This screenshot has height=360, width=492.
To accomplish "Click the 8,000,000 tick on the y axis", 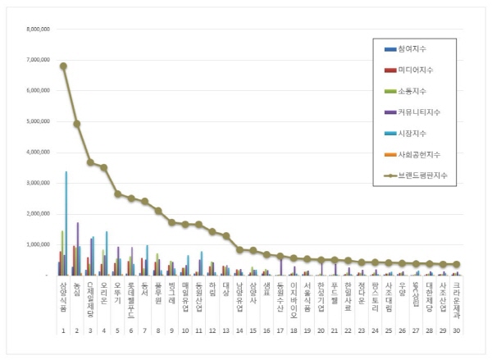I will [x=38, y=29].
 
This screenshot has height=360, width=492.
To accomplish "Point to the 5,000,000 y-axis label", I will [x=38, y=121].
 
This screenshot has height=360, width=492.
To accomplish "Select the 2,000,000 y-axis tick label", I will [x=38, y=213].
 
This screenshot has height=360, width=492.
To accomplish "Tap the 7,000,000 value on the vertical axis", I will [x=38, y=60].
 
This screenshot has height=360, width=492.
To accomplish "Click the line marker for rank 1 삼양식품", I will [x=63, y=66].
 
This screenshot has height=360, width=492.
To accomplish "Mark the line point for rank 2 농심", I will [x=77, y=124].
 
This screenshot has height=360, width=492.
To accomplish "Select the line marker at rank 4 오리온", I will [x=104, y=167].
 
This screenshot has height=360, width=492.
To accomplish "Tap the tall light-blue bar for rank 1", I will [x=66, y=223].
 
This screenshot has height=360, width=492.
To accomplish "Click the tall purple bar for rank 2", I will [x=78, y=248].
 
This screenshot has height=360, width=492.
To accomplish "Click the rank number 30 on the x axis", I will [x=456, y=330].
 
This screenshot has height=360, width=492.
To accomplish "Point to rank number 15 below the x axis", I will [x=253, y=330].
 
